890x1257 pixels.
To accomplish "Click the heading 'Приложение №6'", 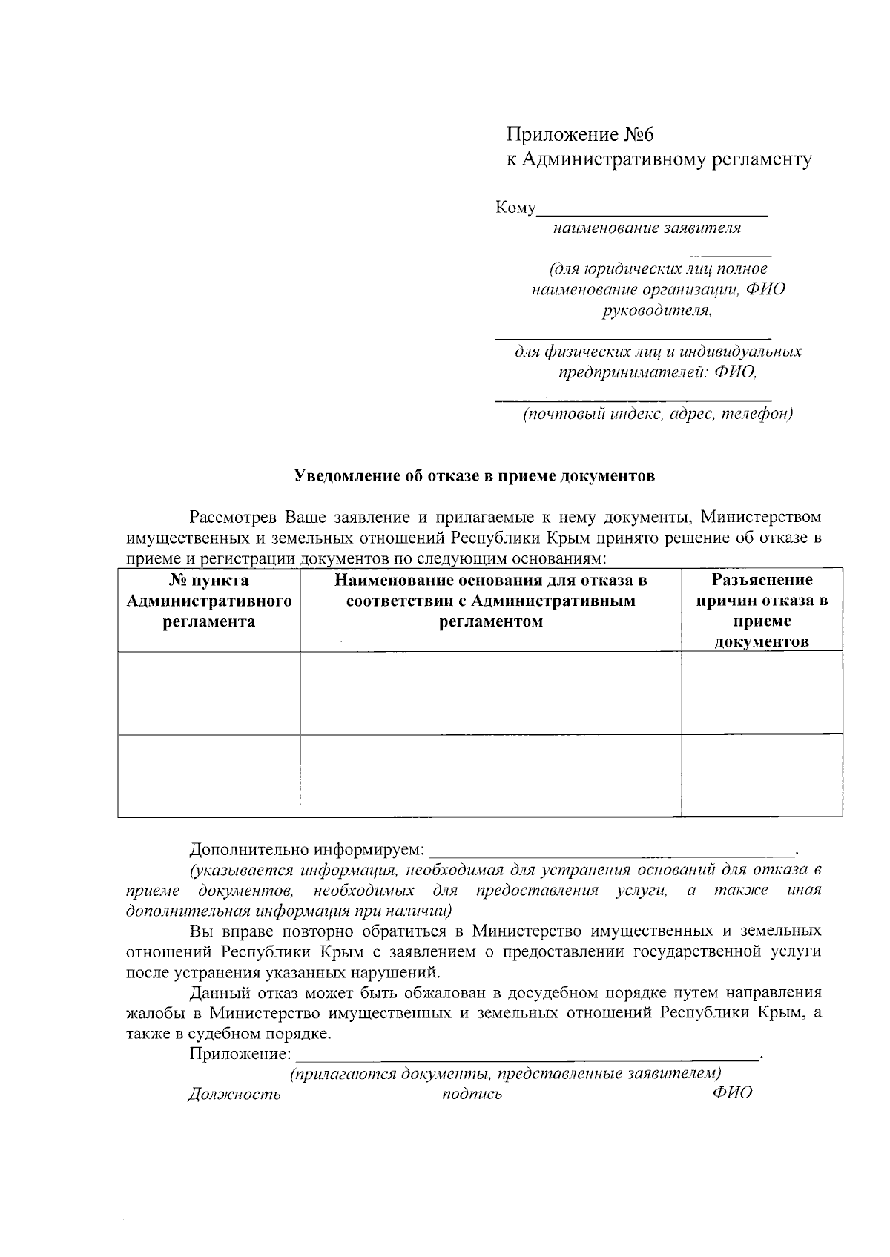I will (581, 135).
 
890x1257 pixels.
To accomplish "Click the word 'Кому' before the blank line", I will (515, 208).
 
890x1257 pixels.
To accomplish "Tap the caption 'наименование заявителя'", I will (647, 228).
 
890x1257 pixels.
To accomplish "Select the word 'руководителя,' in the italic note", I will (657, 310).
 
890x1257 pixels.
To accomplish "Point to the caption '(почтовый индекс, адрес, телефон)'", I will (658, 414).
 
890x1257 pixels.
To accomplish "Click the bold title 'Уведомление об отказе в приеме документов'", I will (475, 476).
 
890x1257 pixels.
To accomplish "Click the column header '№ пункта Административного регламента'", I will (208, 601).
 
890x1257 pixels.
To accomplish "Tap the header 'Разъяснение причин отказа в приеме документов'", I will (762, 610).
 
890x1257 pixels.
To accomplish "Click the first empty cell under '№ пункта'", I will (208, 693).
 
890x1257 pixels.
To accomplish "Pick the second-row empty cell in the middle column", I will (490, 776).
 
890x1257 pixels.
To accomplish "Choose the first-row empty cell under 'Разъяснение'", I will (762, 693).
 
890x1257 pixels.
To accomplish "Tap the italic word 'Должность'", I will (234, 1094).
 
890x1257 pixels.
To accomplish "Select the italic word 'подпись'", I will (472, 1095).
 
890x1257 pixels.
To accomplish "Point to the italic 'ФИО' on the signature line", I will (732, 1093).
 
